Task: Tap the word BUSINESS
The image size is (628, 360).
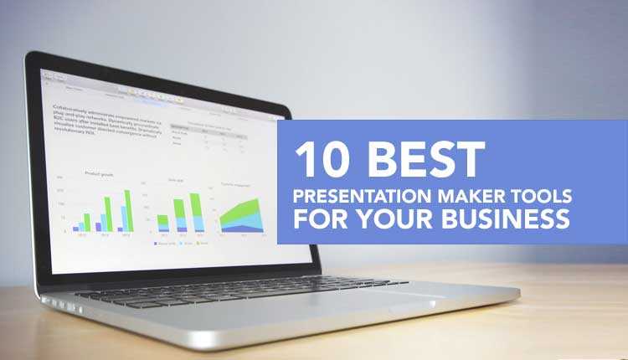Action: tap(506, 221)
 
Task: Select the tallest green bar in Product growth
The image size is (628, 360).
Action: tap(127, 209)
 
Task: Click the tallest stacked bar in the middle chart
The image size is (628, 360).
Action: tap(195, 213)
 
